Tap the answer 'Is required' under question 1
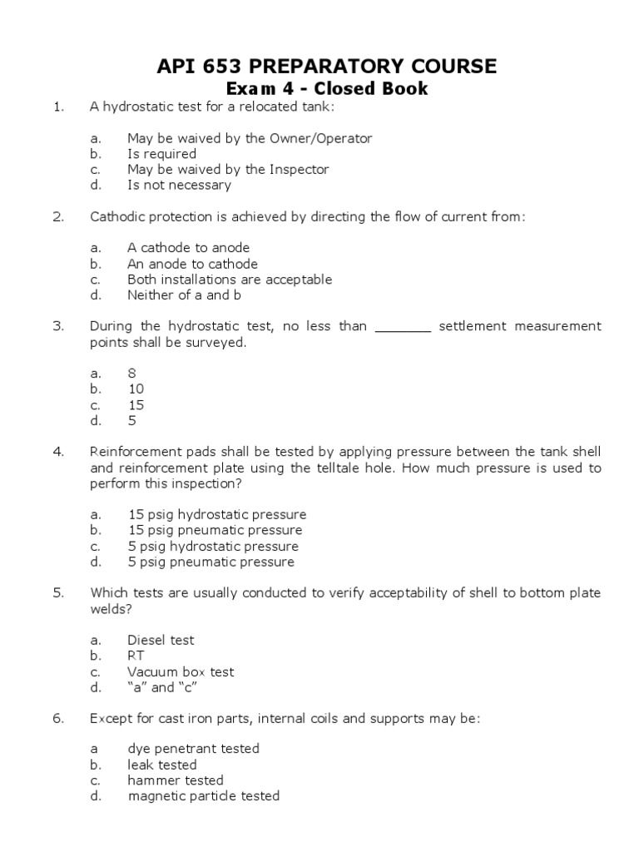(x=161, y=154)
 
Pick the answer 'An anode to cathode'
(x=192, y=264)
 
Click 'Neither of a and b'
(x=186, y=295)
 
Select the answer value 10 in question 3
(x=136, y=389)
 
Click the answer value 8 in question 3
(x=131, y=374)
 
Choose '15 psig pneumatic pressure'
(x=215, y=530)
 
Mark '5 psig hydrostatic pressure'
(x=212, y=547)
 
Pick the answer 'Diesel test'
(x=161, y=640)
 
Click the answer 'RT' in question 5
(x=136, y=656)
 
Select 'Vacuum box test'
(x=181, y=671)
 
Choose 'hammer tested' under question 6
(x=176, y=780)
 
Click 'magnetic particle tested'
(x=204, y=796)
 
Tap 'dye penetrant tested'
(x=193, y=749)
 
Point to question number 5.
(x=58, y=593)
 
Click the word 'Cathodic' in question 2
(x=116, y=217)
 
